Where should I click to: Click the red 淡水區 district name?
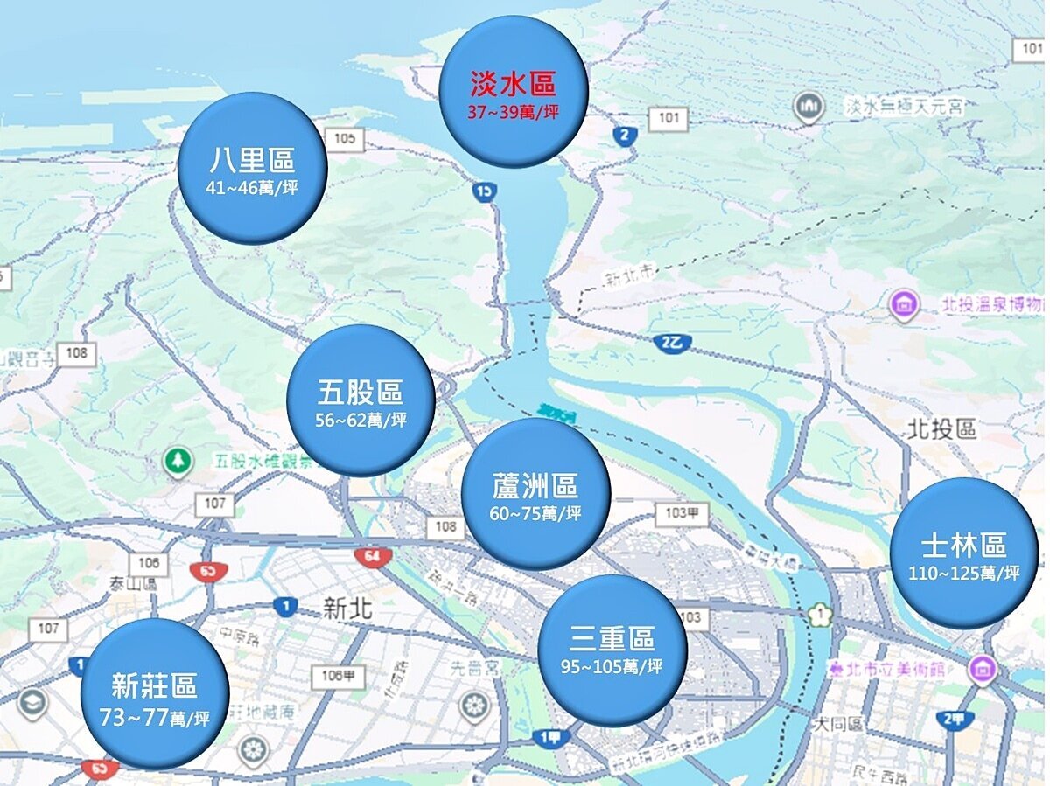[513, 85]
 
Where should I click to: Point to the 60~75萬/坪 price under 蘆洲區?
[535, 513]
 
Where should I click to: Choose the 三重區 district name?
[612, 638]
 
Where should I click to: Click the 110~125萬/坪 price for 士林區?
[964, 574]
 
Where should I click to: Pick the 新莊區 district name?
[155, 686]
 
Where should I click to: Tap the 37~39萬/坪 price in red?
[514, 113]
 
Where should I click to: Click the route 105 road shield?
[344, 138]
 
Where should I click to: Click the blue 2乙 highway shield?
[672, 342]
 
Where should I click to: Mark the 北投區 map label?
[941, 429]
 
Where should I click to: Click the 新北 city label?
[347, 609]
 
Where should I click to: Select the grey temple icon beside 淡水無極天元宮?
[809, 106]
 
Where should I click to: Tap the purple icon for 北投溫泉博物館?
[903, 305]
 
